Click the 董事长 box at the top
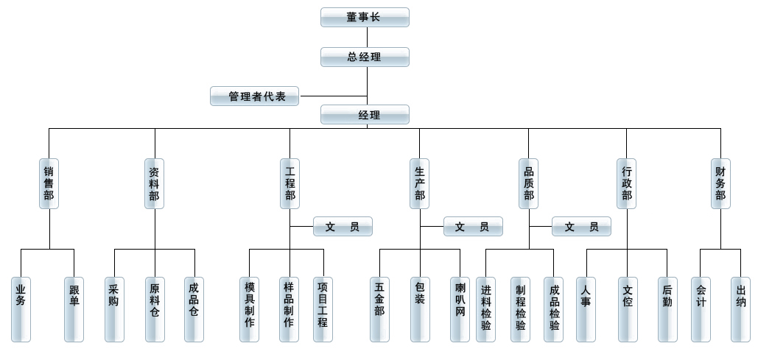coord(365,17)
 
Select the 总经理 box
coord(365,57)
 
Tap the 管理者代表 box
coord(254,96)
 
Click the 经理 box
coord(365,114)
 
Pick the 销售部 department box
coord(49,183)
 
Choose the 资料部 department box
coord(155,183)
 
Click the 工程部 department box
coord(290,183)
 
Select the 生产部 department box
coord(420,183)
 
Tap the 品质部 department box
coord(529,183)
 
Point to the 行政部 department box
coord(627,183)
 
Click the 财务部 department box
coord(720,183)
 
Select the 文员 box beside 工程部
coord(343,227)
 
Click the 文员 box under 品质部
coord(581,227)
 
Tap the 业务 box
coord(21,309)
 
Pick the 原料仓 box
coord(155,309)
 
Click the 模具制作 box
coord(249,309)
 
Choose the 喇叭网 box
coord(460,309)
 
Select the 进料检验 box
coord(485,309)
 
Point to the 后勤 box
coord(667,309)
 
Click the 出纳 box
coord(740,309)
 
